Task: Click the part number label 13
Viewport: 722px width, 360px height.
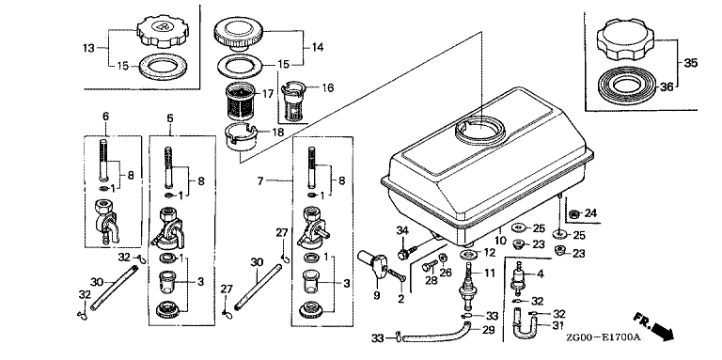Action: [89, 47]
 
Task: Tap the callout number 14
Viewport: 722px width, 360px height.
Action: [317, 47]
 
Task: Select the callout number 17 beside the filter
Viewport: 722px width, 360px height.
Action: [268, 93]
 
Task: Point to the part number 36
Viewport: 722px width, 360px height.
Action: [667, 86]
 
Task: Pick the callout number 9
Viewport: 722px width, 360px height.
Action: [377, 295]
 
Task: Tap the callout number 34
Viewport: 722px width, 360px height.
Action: [402, 230]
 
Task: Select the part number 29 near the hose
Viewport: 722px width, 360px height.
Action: [488, 330]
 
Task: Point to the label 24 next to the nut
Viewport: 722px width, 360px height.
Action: [590, 213]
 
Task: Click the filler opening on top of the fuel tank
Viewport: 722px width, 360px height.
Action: [479, 132]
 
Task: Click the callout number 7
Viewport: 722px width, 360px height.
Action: [260, 180]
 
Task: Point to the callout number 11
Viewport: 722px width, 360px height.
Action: [489, 273]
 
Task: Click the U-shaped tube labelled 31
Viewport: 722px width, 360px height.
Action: [523, 324]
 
